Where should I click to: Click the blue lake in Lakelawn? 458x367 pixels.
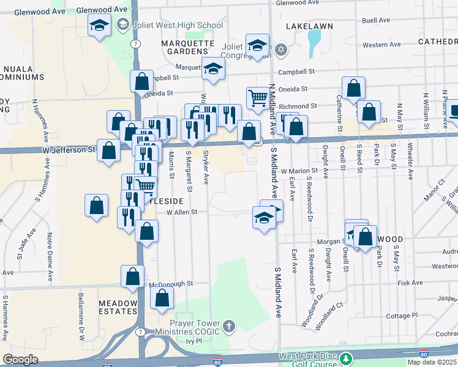(314, 42)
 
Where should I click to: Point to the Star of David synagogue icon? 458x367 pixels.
(281, 50)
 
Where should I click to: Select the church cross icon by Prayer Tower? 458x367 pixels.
(229, 325)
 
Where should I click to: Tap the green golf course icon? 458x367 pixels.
(347, 357)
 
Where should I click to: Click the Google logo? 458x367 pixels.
(20, 359)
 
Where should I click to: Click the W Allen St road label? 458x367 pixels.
(177, 212)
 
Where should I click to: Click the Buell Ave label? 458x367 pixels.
(376, 20)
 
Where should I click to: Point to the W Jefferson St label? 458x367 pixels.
(69, 149)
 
